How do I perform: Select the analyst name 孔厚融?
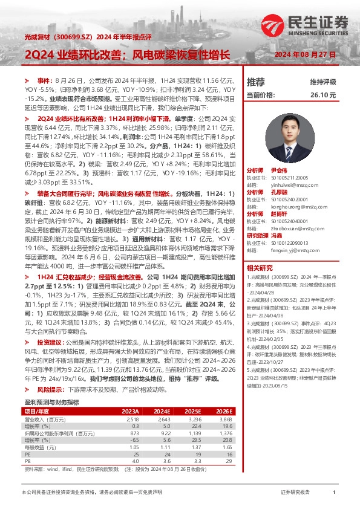pyautogui.click(x=278, y=192)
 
